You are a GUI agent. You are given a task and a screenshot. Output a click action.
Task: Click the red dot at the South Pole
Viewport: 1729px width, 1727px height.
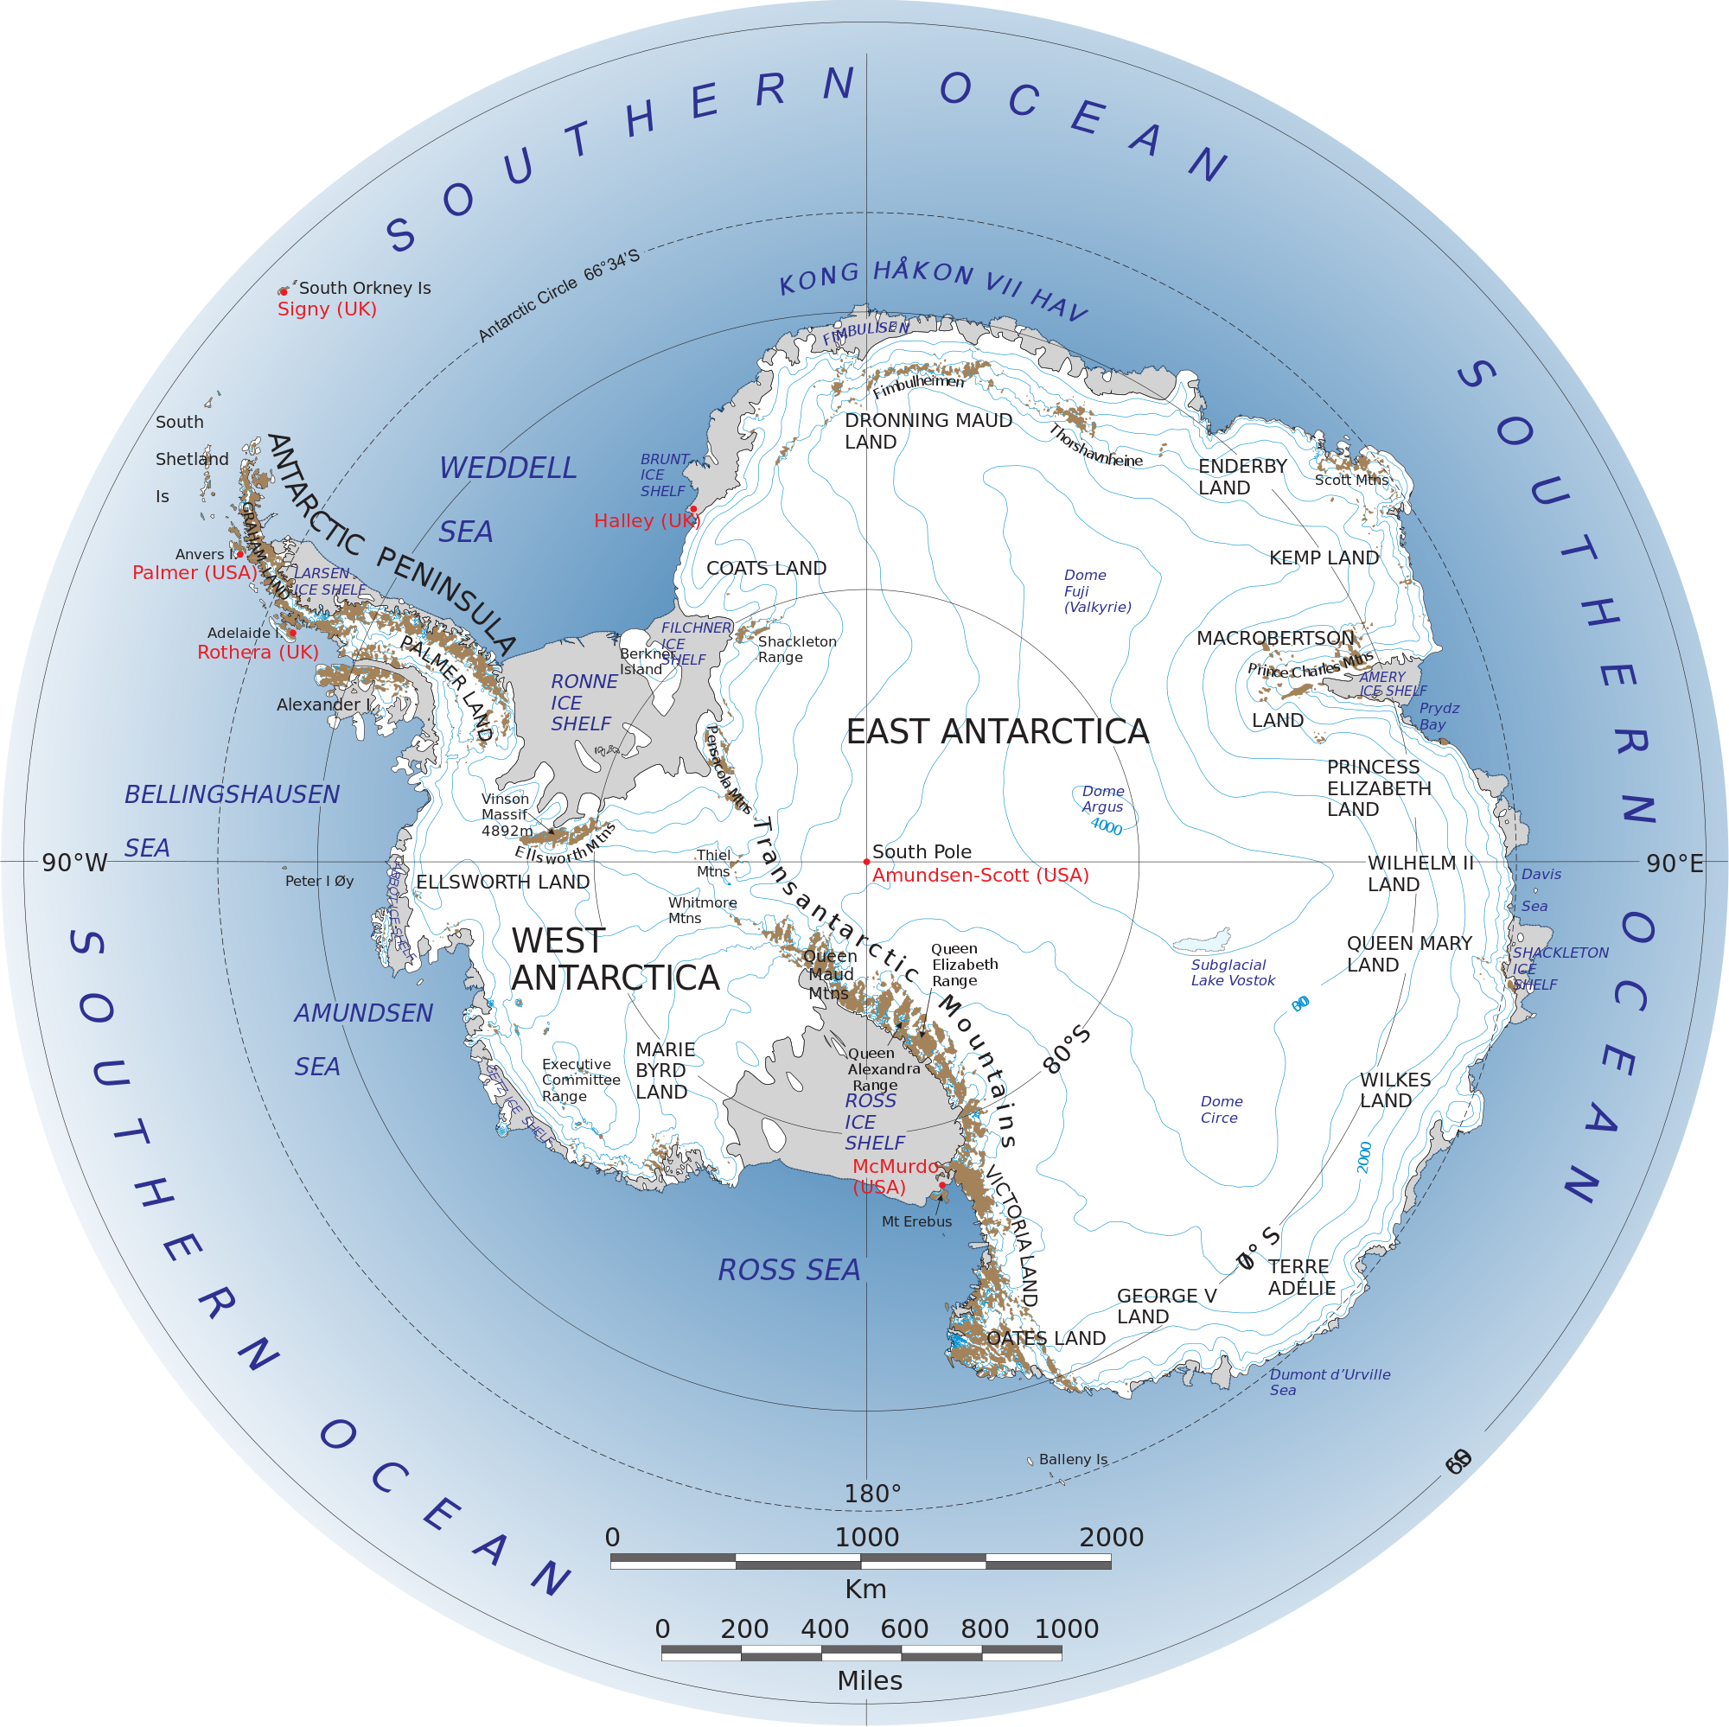866,862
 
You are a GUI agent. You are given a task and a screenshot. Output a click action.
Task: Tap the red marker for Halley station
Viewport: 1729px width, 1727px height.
692,508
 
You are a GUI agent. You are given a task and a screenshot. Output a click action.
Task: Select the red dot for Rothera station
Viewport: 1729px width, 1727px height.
291,633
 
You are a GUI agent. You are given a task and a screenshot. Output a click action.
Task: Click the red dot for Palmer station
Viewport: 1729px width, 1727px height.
239,554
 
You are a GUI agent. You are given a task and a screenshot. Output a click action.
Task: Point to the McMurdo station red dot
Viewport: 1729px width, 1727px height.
941,1185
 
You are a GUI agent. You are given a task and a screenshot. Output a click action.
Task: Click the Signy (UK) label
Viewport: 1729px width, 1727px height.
327,309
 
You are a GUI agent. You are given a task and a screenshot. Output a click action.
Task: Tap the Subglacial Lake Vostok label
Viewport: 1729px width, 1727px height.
1232,972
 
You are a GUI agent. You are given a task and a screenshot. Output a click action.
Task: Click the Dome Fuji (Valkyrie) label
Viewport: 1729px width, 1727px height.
1096,590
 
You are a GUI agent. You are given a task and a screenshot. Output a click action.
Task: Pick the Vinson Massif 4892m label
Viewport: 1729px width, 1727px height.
507,814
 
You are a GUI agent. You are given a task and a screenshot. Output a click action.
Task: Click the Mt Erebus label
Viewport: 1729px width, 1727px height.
916,1221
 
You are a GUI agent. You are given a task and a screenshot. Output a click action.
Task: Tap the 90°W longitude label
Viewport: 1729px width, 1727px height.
75,863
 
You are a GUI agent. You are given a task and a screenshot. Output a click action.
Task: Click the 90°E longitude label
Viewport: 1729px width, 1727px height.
1675,863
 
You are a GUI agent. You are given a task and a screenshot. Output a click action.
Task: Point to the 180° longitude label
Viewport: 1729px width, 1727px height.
872,1494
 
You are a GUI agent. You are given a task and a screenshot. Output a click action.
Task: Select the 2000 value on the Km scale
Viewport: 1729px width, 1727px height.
1111,1538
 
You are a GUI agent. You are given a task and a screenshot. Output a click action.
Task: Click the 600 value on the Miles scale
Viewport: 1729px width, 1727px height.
904,1628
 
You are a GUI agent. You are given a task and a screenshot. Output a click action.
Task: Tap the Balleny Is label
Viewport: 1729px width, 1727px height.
1073,1459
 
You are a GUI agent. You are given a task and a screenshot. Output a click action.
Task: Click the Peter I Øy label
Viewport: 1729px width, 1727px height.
320,882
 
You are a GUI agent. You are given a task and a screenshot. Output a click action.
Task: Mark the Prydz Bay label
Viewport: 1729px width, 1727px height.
1439,716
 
